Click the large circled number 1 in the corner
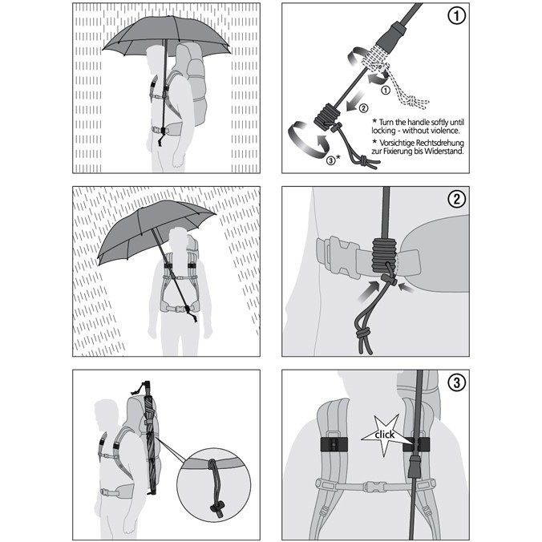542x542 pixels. click(456, 16)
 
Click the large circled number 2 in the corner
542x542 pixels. click(456, 199)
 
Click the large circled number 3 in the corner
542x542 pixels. click(456, 382)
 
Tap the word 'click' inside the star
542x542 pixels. click(384, 435)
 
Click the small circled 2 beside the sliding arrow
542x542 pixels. click(363, 108)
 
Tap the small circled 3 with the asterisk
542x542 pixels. click(334, 160)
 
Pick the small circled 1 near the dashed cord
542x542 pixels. click(386, 91)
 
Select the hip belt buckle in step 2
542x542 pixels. click(341, 256)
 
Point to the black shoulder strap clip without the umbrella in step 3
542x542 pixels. click(334, 444)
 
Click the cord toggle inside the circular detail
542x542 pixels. click(217, 508)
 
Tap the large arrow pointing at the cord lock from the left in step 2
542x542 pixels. click(368, 292)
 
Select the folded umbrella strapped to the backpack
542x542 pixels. click(151, 437)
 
